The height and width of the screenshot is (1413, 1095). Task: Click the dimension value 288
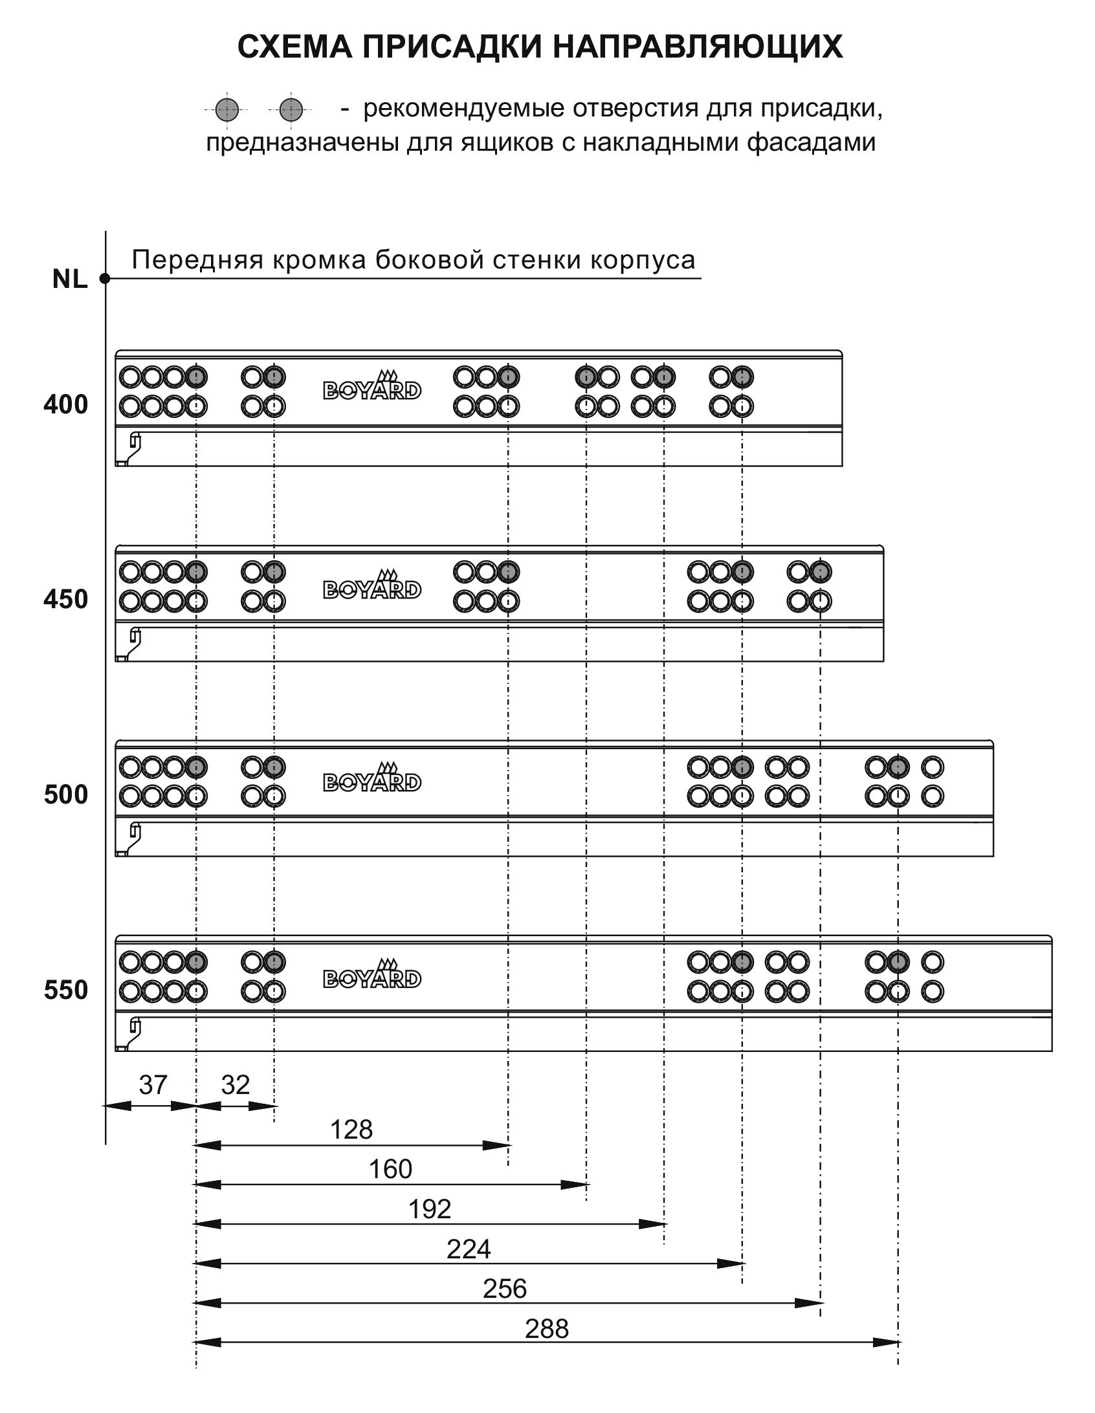point(547,1329)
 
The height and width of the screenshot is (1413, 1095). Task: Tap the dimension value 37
point(153,1085)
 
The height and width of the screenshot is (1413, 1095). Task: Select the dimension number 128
point(351,1130)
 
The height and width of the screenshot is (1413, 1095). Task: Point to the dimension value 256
point(505,1289)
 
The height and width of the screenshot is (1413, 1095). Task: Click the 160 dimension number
point(390,1169)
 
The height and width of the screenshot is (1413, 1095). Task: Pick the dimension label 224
point(469,1249)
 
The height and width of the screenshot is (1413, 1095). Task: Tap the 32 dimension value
point(235,1085)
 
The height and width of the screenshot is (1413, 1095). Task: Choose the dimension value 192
point(430,1209)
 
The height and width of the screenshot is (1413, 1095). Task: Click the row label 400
point(65,405)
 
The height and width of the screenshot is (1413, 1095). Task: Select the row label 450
point(65,600)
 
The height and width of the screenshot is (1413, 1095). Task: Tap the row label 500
point(65,794)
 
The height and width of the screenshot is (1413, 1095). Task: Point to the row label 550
point(65,990)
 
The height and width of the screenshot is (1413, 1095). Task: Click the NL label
point(70,279)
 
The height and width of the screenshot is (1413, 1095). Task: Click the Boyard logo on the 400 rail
point(372,386)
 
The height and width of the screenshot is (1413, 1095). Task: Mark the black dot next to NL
point(105,279)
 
